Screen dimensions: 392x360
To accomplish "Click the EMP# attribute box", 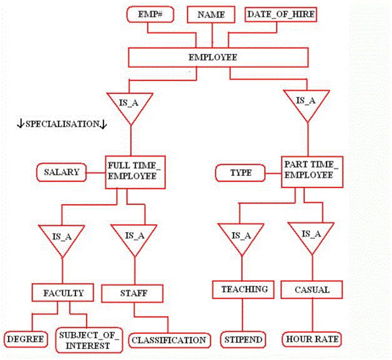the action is pyautogui.click(x=150, y=14).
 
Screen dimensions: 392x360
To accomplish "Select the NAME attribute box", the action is pyautogui.click(x=211, y=15).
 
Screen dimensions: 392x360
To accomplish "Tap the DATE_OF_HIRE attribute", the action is pyautogui.click(x=281, y=14).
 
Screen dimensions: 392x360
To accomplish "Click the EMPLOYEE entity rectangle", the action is pyautogui.click(x=218, y=57).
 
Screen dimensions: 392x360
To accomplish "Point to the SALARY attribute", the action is pyautogui.click(x=62, y=172).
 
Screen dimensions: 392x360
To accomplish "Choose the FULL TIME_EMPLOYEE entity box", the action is pyautogui.click(x=135, y=172).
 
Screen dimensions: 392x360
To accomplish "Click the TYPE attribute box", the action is pyautogui.click(x=240, y=173).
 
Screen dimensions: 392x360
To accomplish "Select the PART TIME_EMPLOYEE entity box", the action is pyautogui.click(x=312, y=172).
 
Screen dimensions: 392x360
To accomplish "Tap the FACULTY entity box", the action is pyautogui.click(x=63, y=293).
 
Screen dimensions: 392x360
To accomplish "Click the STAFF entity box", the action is pyautogui.click(x=132, y=293).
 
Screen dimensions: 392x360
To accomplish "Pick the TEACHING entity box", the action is pyautogui.click(x=243, y=289).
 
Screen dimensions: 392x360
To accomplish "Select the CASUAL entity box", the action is pyautogui.click(x=311, y=289).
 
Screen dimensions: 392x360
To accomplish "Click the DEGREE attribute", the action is pyautogui.click(x=26, y=339).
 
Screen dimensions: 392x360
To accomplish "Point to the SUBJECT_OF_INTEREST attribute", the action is pyautogui.click(x=89, y=340).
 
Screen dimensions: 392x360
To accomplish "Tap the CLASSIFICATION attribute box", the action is pyautogui.click(x=170, y=340).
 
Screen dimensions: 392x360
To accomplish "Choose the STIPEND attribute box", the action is pyautogui.click(x=243, y=339).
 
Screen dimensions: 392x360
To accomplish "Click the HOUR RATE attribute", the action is pyautogui.click(x=311, y=339).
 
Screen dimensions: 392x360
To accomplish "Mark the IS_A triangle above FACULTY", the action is pyautogui.click(x=62, y=238).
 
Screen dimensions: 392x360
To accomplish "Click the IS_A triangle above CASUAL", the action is pyautogui.click(x=311, y=236).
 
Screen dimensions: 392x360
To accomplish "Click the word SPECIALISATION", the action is pyautogui.click(x=62, y=124).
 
